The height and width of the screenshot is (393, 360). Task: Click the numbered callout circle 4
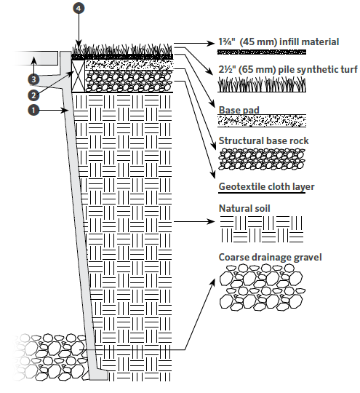point(79,8)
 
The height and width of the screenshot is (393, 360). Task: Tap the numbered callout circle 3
point(33,80)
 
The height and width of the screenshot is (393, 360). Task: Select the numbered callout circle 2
point(33,95)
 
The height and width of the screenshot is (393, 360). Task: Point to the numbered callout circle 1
point(33,110)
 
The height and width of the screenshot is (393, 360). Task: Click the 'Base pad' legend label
point(239,110)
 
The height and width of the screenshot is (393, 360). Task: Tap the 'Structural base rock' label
point(263,140)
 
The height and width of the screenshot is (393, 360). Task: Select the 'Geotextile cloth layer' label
point(266,187)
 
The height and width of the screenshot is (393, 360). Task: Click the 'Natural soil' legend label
point(244,209)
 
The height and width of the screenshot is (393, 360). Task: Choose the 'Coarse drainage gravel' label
point(270,258)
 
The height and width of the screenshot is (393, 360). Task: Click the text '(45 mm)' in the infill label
point(258,42)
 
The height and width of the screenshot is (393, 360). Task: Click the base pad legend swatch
point(262,121)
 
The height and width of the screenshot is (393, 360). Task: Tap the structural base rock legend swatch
point(262,159)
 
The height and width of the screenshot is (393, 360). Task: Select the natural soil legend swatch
point(262,229)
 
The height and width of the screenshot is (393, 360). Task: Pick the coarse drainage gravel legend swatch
point(263,287)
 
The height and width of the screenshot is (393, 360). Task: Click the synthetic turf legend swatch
point(262,84)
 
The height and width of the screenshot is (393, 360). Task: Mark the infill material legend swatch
point(262,52)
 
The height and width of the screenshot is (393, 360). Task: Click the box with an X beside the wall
point(79,76)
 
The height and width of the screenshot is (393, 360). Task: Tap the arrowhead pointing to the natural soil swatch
point(211,221)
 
